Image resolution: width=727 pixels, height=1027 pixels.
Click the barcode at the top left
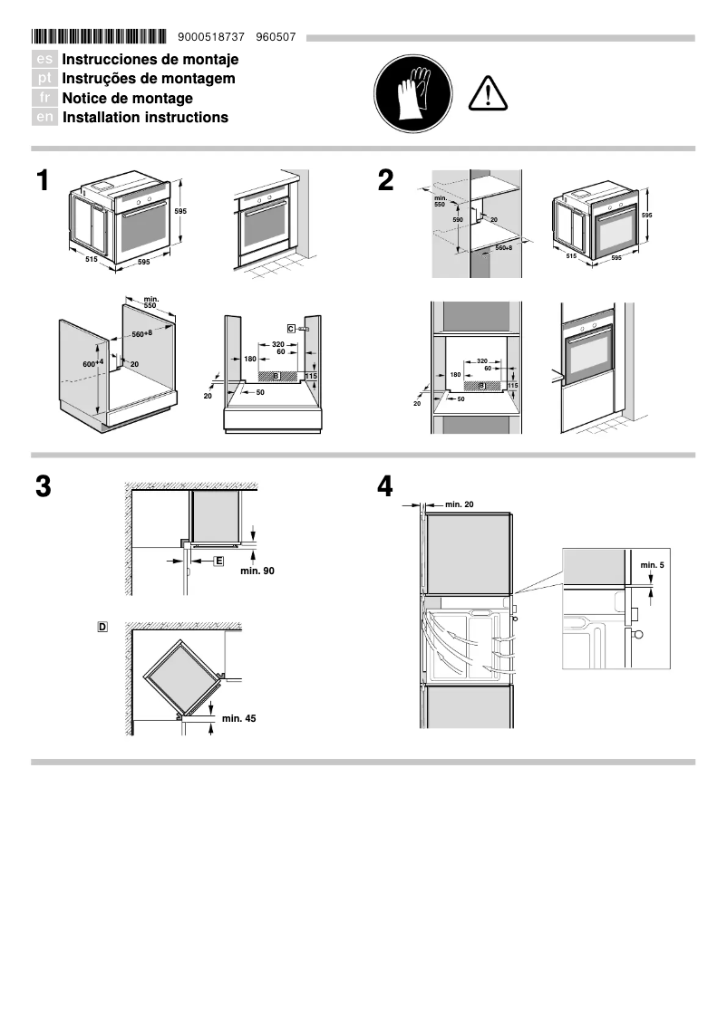99,37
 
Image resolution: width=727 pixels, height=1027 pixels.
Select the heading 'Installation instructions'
145,118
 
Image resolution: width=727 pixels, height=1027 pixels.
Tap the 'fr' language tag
44,99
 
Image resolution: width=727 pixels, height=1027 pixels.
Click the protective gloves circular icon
412,91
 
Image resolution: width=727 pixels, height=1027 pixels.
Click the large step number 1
43,181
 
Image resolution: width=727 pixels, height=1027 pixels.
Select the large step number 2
386,181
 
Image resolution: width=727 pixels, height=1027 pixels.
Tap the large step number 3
43,486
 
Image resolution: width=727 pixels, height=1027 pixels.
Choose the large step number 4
386,486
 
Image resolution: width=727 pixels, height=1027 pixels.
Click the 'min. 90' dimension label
257,571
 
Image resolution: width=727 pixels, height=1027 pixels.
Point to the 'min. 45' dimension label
238,718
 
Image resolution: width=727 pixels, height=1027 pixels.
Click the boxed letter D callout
102,626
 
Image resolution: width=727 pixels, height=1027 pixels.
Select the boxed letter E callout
218,561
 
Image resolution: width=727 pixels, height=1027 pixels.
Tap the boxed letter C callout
291,328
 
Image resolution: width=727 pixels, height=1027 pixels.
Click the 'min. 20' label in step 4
460,504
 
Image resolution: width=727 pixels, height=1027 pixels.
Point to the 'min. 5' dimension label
653,565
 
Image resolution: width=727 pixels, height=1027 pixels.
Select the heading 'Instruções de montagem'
149,79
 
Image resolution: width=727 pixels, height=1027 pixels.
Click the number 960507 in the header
276,37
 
